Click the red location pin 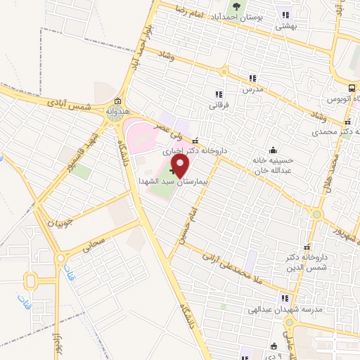tap(180, 167)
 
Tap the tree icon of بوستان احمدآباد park tap(236, 6)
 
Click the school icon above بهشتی tap(285, 14)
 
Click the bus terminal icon tap(351, 89)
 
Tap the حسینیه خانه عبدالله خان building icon tap(273, 150)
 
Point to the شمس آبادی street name tap(70, 105)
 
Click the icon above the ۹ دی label tap(274, 346)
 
